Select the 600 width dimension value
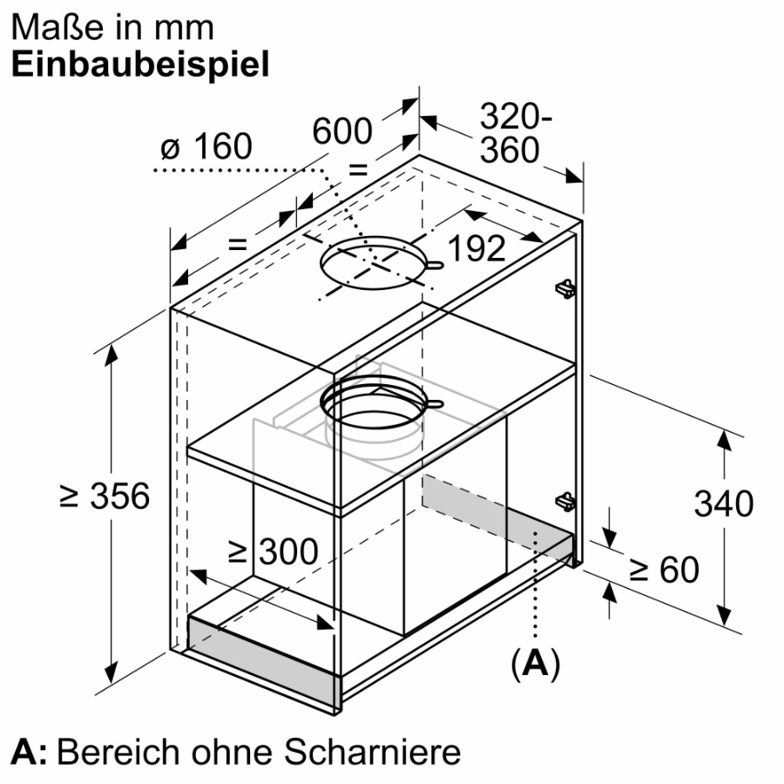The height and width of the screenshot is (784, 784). click(342, 132)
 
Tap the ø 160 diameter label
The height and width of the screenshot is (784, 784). click(206, 147)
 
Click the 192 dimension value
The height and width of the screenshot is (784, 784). click(476, 250)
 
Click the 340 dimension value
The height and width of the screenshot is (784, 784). click(723, 504)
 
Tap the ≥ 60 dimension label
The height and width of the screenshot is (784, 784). click(665, 571)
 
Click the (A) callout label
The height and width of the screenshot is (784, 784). click(535, 664)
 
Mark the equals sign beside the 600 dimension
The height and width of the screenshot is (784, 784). click(358, 169)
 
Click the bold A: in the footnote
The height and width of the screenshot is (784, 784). click(30, 751)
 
